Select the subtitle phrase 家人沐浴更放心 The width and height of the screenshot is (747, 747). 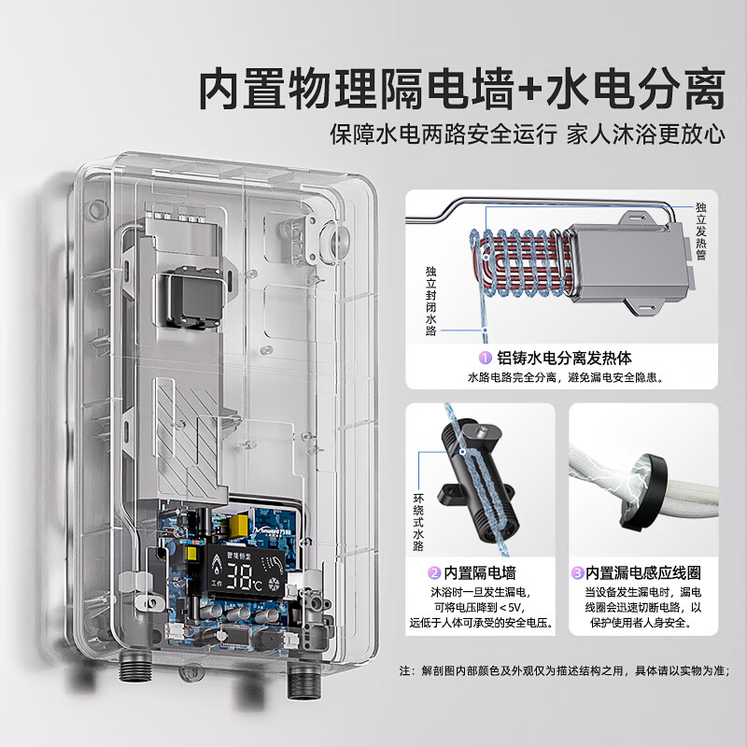click(647, 134)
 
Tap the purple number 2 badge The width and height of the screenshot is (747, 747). click(434, 572)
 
